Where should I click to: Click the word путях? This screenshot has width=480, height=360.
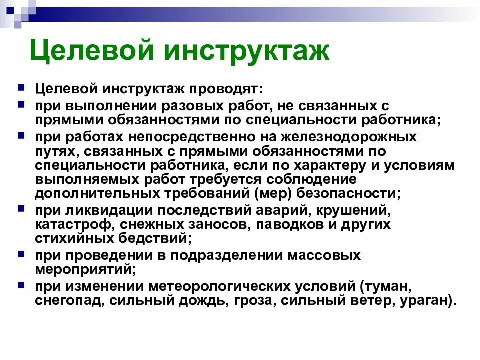pyautogui.click(x=53, y=151)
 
